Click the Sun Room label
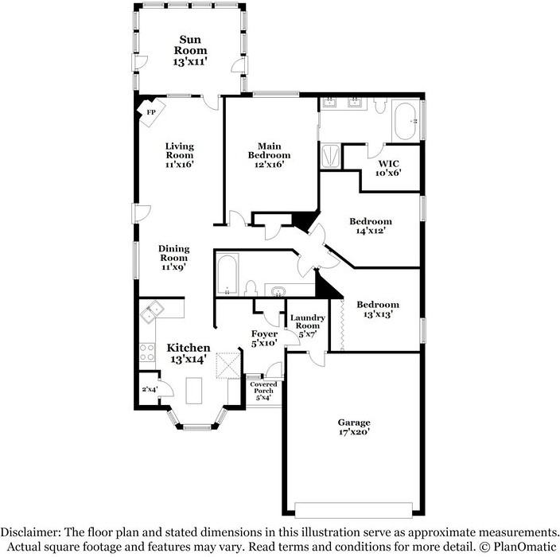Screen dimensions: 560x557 pyautogui.click(x=190, y=50)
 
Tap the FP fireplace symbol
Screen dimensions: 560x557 pyautogui.click(x=151, y=112)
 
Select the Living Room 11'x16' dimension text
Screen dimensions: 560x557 pyautogui.click(x=179, y=165)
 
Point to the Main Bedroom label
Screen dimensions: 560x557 pyautogui.click(x=270, y=155)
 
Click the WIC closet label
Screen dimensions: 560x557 pyautogui.click(x=388, y=168)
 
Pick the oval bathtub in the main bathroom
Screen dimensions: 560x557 pyautogui.click(x=405, y=121)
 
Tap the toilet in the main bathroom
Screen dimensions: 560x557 pyautogui.click(x=380, y=105)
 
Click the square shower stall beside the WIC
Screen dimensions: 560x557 pyautogui.click(x=330, y=156)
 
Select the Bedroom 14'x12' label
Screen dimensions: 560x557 pyautogui.click(x=371, y=226)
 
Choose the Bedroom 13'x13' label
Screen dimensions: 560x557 pyautogui.click(x=378, y=310)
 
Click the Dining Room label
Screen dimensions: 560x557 pyautogui.click(x=174, y=258)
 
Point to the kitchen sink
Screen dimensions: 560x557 pyautogui.click(x=152, y=312)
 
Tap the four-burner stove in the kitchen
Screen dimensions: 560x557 pyautogui.click(x=147, y=353)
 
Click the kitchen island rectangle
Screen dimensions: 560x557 pyautogui.click(x=194, y=391)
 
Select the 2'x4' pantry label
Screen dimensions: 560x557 pyautogui.click(x=150, y=389)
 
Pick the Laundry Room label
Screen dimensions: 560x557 pyautogui.click(x=308, y=325)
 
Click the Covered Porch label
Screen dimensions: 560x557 pyautogui.click(x=263, y=391)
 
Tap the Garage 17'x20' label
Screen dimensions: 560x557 pyautogui.click(x=354, y=427)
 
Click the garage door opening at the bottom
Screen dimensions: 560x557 pyautogui.click(x=353, y=510)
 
